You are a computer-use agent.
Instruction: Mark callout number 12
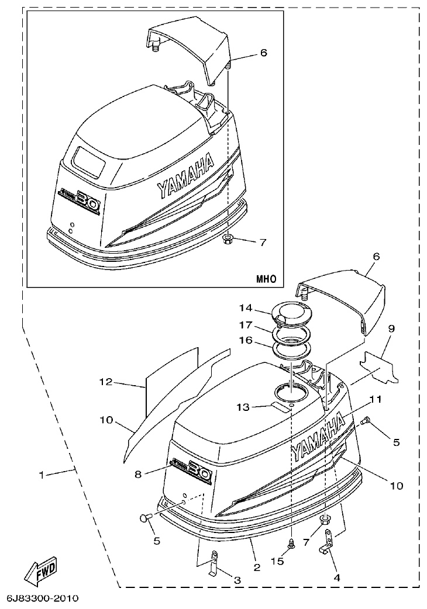[105, 382]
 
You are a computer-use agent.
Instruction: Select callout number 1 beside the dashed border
[41, 475]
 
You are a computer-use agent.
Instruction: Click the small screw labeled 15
[291, 543]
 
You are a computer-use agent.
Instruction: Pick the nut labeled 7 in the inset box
[229, 240]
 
